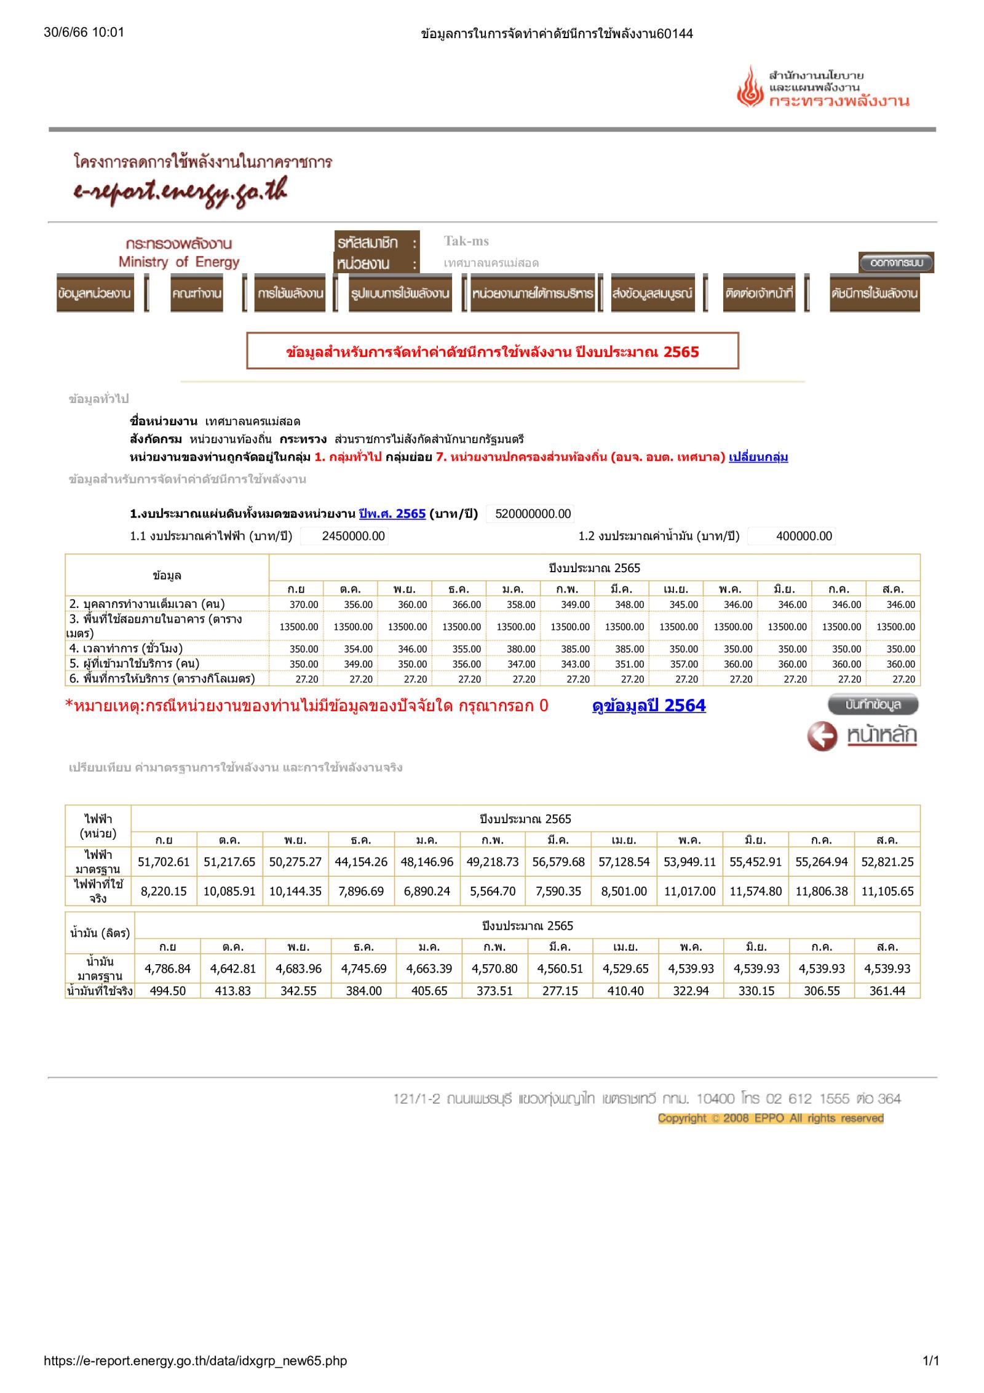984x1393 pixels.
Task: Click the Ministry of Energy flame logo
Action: click(750, 87)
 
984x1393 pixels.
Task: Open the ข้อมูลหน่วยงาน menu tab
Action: click(95, 293)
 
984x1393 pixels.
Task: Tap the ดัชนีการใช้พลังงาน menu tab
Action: click(875, 293)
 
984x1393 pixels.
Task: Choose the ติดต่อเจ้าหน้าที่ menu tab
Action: click(759, 293)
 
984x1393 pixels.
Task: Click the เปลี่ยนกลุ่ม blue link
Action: click(758, 457)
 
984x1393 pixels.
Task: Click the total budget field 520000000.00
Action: click(533, 514)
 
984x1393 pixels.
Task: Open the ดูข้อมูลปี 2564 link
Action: click(649, 706)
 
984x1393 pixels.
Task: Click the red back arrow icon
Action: click(822, 736)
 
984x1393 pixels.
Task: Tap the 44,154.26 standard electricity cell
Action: click(361, 861)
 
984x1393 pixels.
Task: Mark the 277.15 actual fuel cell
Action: click(560, 991)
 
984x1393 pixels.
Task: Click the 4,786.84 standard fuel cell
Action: click(167, 968)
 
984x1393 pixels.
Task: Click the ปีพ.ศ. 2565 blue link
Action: click(392, 514)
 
